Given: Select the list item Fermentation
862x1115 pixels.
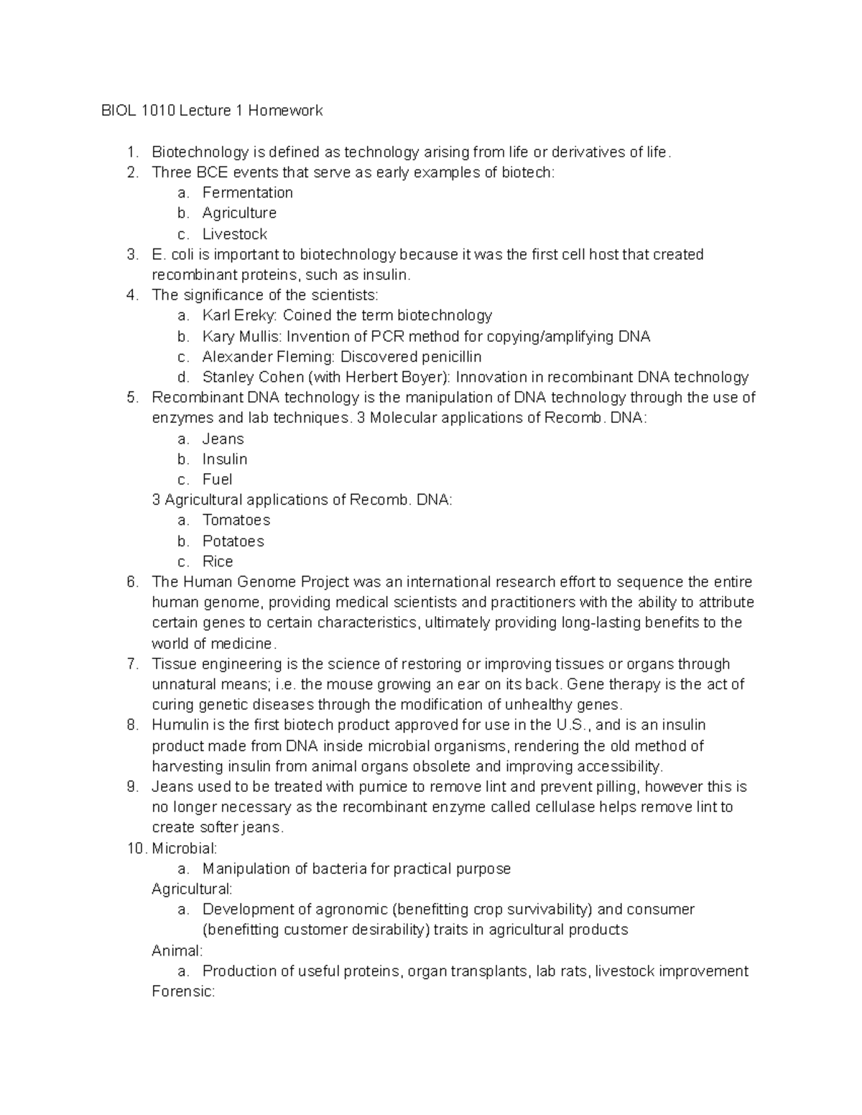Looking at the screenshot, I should coord(247,192).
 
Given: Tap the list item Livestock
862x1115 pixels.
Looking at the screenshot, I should coord(234,234).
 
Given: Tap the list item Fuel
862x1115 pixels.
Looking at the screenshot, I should coord(217,479).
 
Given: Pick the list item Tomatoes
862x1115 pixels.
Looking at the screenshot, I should coord(236,520).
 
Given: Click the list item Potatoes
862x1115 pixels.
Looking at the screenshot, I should coord(233,541).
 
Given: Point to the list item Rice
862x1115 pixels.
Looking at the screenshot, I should coord(217,561).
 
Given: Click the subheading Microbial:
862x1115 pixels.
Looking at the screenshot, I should coord(184,849).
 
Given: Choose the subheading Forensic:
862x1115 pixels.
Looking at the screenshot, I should coord(183,992).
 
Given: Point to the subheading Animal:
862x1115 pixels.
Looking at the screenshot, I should coord(177,951).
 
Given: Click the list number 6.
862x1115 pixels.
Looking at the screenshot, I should coord(132,582).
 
